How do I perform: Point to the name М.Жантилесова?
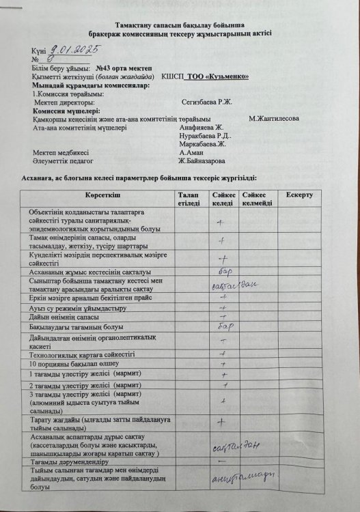(x=275, y=118)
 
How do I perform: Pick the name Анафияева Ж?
(x=201, y=127)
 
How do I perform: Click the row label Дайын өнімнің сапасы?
(x=66, y=317)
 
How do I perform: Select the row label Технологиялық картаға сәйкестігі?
(x=82, y=354)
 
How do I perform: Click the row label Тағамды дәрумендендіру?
(x=72, y=462)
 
